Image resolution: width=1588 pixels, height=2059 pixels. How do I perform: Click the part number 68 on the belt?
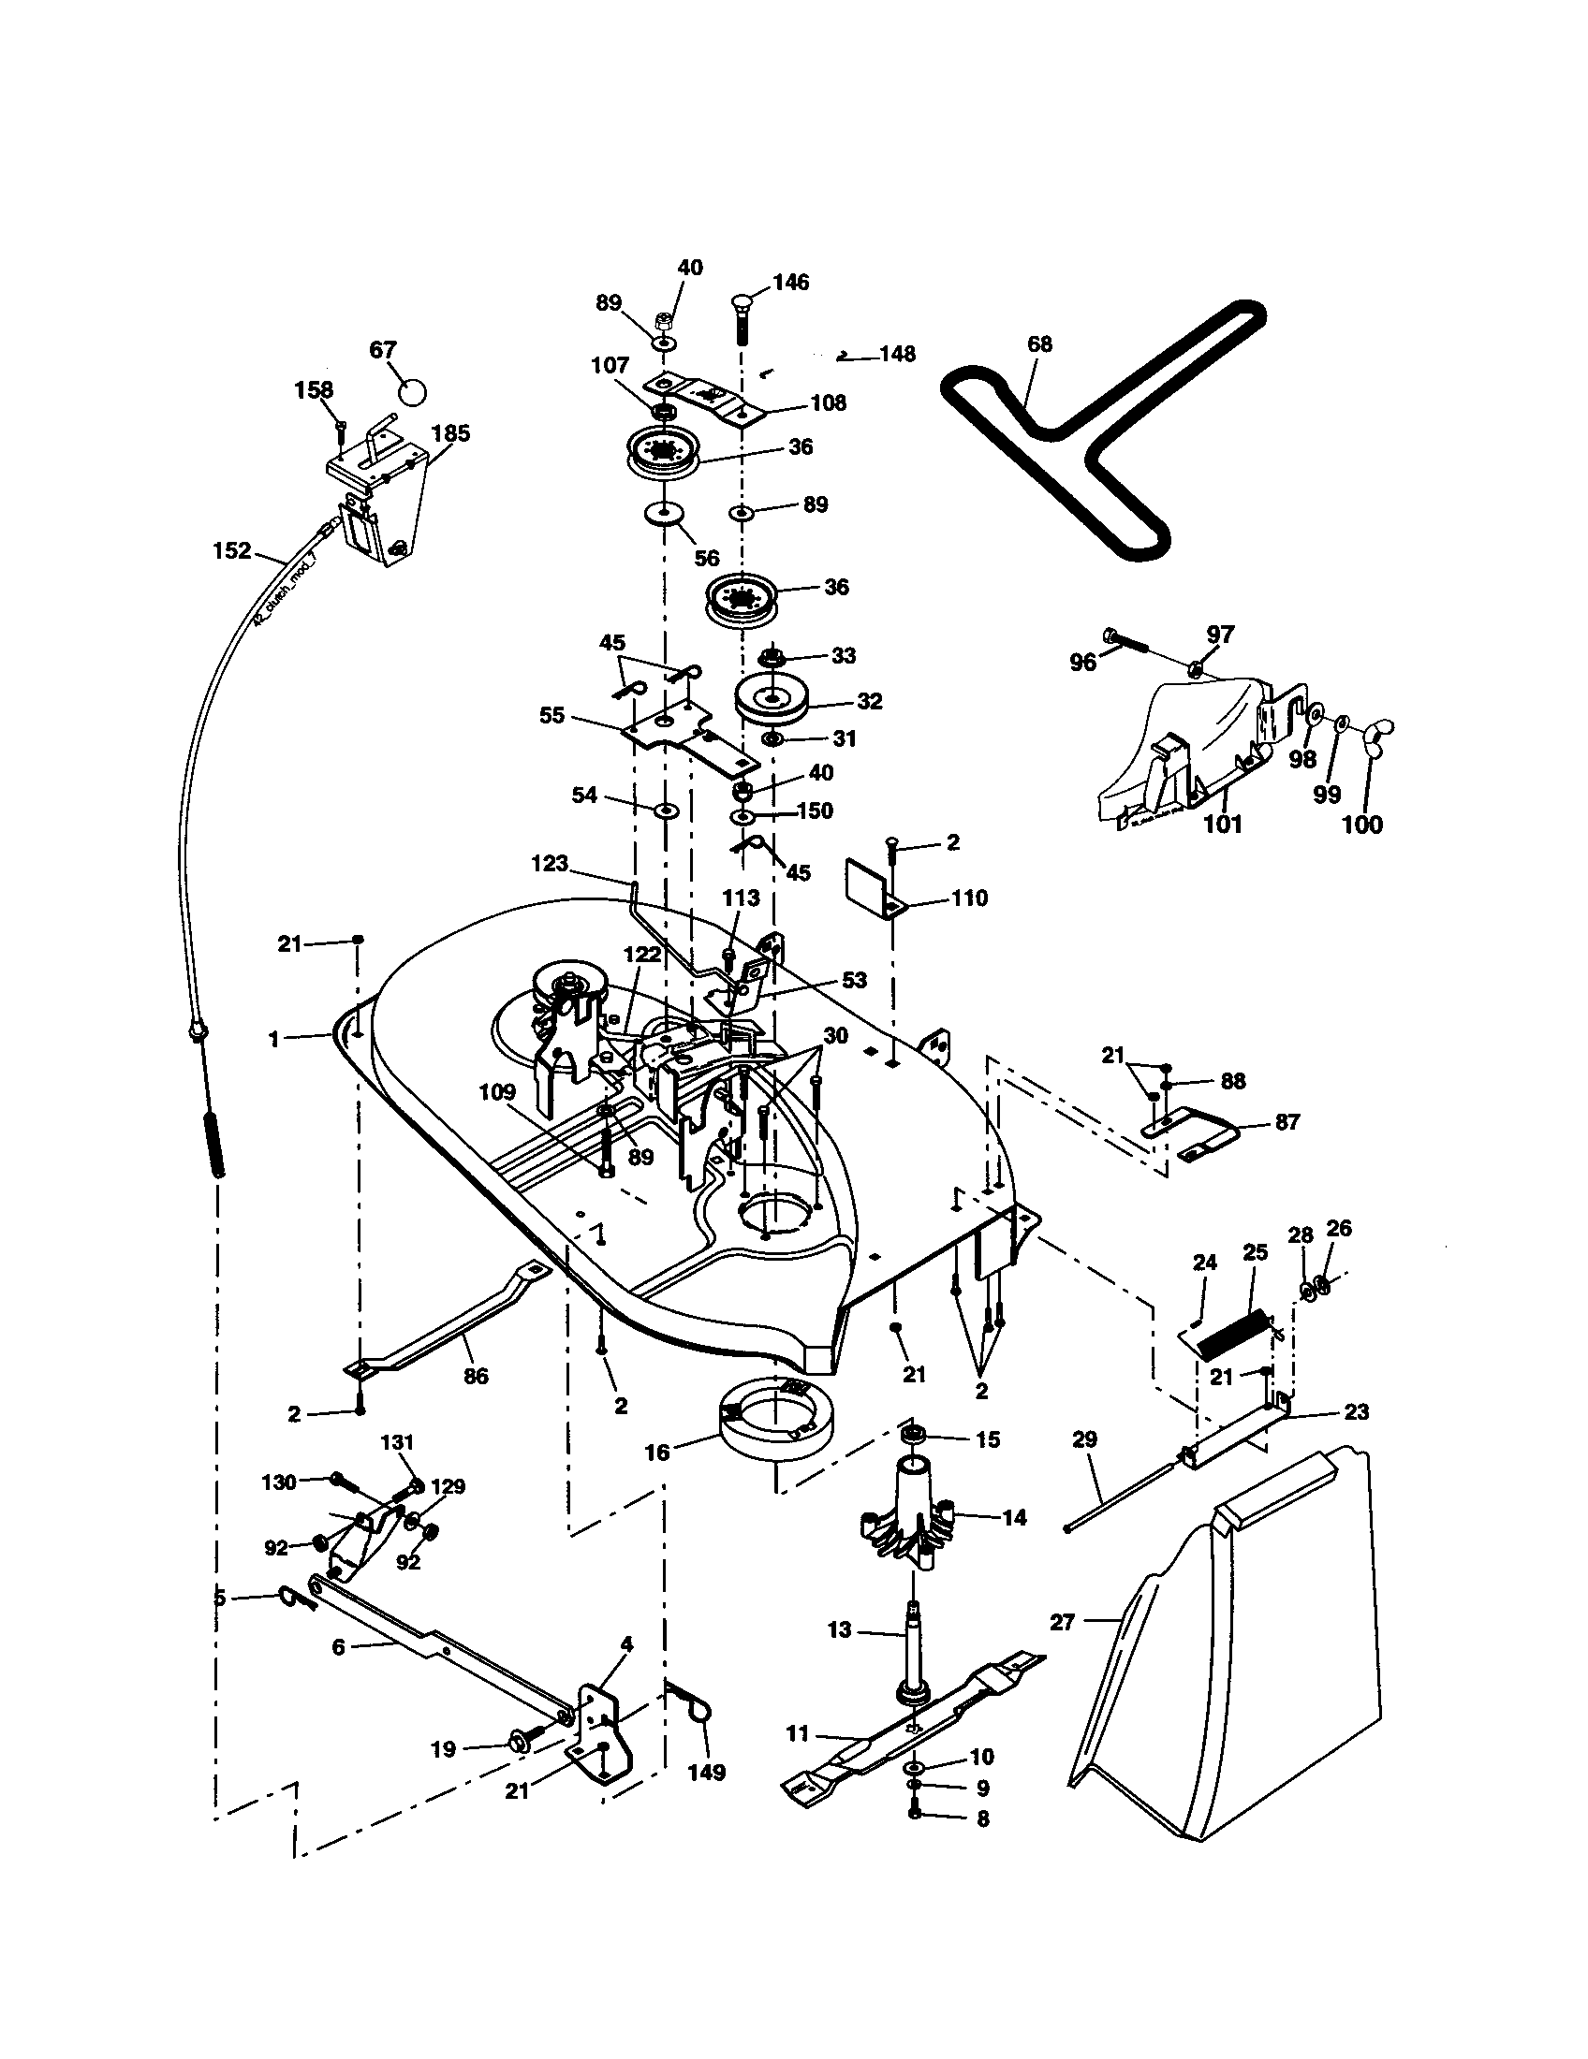pyautogui.click(x=1039, y=344)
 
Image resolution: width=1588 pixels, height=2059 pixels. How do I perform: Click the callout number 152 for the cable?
pyautogui.click(x=232, y=549)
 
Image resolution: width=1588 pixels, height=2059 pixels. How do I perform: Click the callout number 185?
pyautogui.click(x=450, y=433)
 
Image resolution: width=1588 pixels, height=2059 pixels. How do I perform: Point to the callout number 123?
pyautogui.click(x=550, y=863)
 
